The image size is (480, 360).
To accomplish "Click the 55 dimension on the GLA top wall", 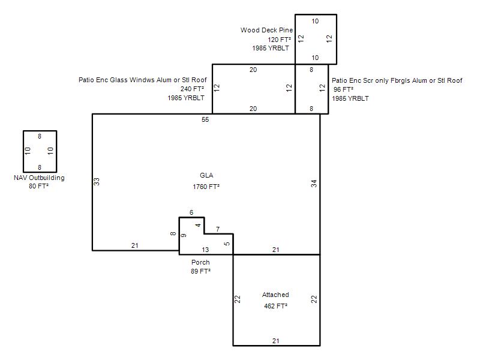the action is (x=205, y=119).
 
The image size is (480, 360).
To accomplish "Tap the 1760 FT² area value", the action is (x=206, y=187).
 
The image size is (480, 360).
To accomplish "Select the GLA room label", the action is (x=206, y=175).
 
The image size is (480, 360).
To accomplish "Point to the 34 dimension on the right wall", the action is (x=314, y=184).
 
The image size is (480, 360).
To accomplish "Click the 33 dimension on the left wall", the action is (x=97, y=182).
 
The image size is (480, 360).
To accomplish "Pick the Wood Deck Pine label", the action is (x=266, y=30).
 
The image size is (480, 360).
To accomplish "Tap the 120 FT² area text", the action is (x=279, y=40).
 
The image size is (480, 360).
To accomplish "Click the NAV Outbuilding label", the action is (x=39, y=178).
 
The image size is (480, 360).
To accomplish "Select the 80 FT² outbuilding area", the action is (x=38, y=186).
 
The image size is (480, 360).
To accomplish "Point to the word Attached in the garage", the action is (x=275, y=295).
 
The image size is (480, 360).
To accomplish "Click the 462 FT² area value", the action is (x=275, y=306).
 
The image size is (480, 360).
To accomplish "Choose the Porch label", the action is (x=200, y=262).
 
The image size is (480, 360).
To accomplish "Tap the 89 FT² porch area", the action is (x=200, y=271).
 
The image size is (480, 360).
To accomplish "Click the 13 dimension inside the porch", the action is (x=205, y=250).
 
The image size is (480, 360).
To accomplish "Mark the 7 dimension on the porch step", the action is (x=218, y=229).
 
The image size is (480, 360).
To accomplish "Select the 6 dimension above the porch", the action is (x=191, y=212).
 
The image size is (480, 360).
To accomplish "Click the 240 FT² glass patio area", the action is (x=192, y=89).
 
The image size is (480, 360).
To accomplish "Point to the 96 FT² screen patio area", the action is (x=343, y=89).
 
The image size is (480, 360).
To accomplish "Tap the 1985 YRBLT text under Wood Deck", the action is (x=271, y=48).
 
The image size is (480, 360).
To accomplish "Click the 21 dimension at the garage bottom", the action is (x=276, y=341).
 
